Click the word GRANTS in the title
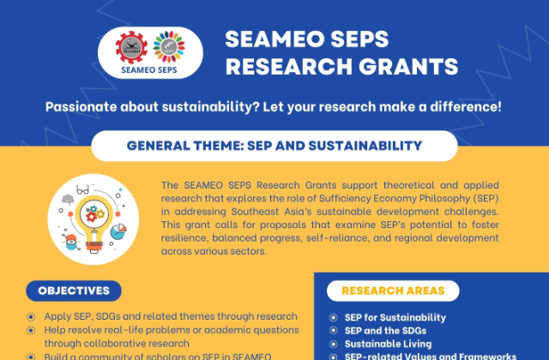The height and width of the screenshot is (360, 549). (406, 67)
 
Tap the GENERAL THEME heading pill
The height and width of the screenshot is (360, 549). (274, 146)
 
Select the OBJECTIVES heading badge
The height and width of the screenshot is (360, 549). (73, 291)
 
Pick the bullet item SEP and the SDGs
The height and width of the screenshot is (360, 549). (378, 331)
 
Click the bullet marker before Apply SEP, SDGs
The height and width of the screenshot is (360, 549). (32, 317)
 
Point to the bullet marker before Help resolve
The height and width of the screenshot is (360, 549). (32, 330)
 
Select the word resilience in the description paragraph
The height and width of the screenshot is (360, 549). (184, 239)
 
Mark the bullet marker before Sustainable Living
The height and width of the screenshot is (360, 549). (335, 344)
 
